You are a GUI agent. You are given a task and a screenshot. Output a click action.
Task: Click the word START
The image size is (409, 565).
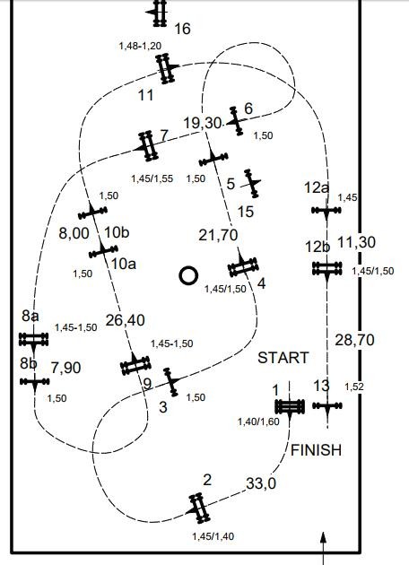click(283, 358)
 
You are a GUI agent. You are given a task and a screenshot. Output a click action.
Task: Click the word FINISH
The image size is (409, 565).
click(316, 450)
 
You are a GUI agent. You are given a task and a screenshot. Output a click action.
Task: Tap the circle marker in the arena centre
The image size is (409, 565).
click(188, 275)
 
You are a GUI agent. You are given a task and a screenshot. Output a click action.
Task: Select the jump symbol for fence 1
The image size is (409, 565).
click(290, 407)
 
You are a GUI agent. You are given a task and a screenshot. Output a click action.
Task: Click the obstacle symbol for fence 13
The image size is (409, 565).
click(327, 406)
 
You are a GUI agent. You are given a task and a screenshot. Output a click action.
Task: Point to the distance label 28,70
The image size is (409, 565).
click(354, 340)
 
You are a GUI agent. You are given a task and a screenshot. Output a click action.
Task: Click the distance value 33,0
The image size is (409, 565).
click(261, 483)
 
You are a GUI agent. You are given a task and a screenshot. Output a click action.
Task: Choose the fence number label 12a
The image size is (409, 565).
click(317, 187)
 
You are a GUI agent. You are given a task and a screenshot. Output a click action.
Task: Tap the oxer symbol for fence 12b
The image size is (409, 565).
click(326, 269)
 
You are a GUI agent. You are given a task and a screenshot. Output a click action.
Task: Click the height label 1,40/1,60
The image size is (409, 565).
click(258, 422)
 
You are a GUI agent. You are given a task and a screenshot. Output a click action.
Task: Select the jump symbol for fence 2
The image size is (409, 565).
click(199, 508)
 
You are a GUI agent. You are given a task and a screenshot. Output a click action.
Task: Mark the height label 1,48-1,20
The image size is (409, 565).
click(140, 46)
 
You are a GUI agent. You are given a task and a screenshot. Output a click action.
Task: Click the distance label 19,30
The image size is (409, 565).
click(203, 123)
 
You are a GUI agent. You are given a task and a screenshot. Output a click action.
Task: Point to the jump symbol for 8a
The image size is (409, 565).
click(33, 340)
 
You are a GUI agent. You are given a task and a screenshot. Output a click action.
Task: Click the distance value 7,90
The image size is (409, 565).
click(66, 368)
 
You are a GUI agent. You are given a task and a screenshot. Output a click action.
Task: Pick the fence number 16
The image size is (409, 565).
click(182, 29)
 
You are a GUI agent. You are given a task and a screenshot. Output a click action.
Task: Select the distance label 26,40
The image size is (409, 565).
click(126, 320)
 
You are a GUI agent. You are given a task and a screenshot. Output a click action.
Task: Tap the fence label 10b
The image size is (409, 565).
click(117, 232)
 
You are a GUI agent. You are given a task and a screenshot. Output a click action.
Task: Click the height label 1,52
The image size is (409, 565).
click(354, 387)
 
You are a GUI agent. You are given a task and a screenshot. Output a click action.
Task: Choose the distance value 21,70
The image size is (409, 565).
click(218, 235)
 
